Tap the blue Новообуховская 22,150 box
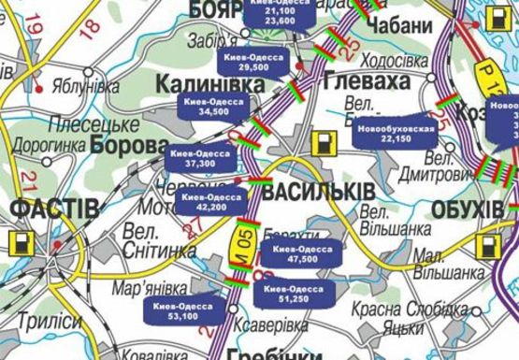point(396,134)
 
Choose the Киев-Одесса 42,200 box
point(212,203)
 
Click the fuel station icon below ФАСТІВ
point(18,245)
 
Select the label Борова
point(130,146)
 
